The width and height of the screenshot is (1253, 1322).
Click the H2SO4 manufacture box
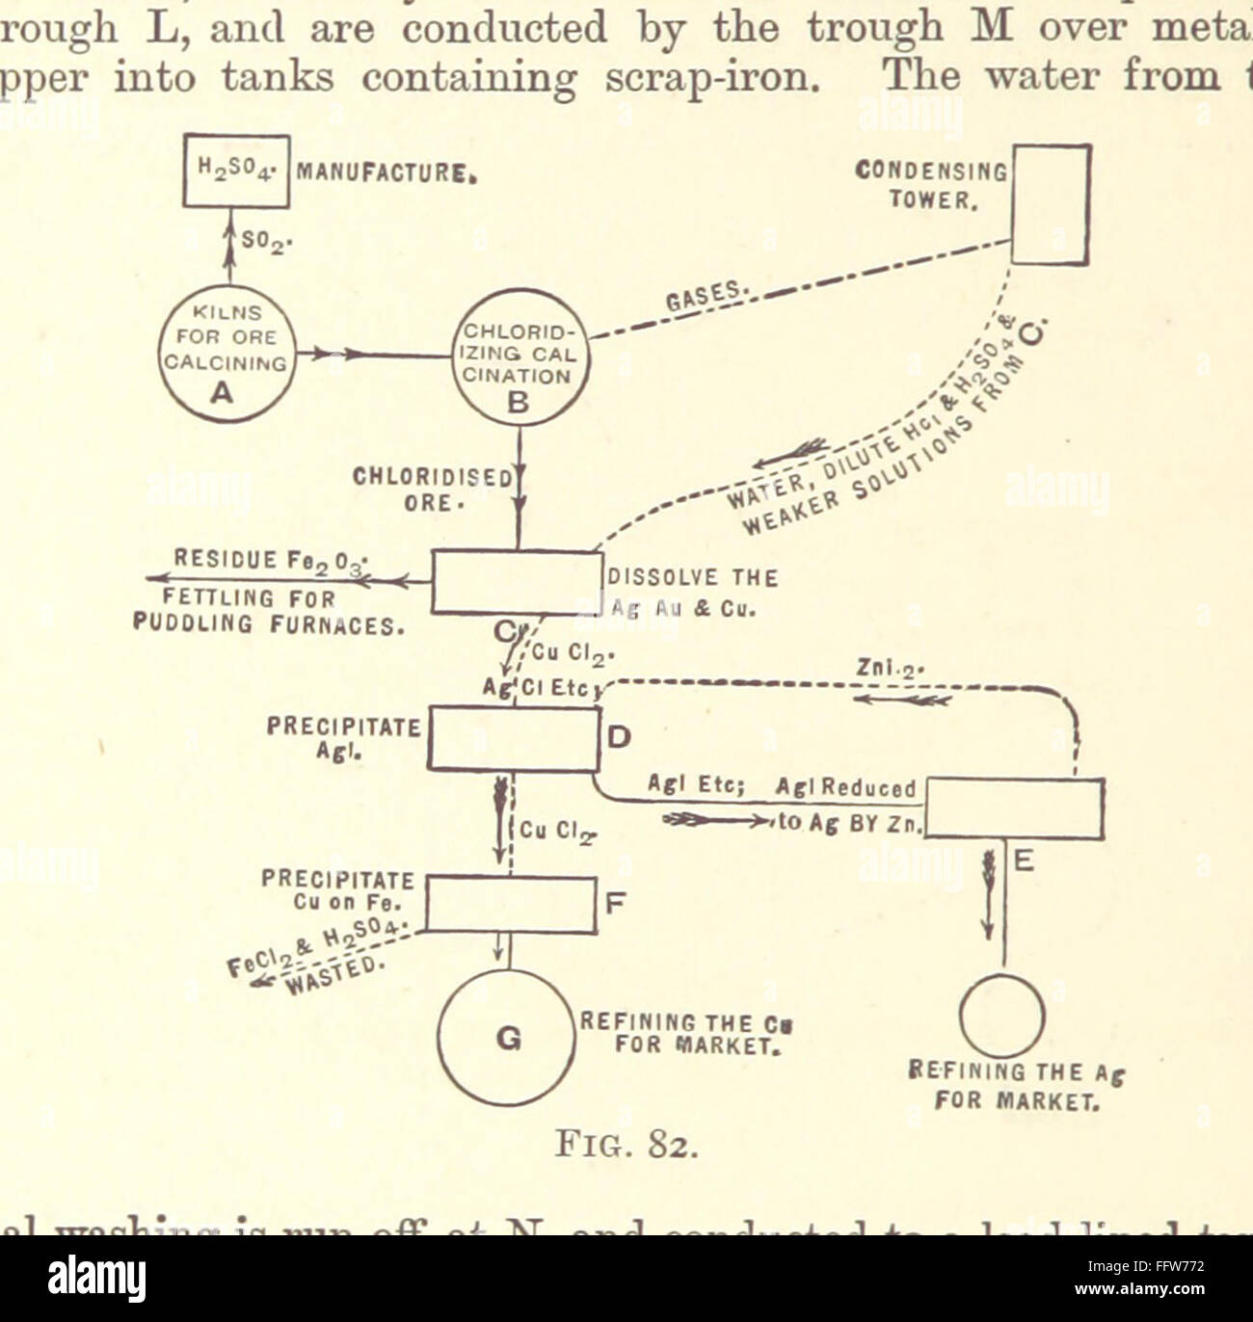[236, 171]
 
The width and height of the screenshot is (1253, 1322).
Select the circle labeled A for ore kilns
[227, 354]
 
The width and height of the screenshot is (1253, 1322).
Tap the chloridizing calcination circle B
[520, 357]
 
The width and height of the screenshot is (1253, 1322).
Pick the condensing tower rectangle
[1050, 204]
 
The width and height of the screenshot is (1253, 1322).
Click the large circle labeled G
[508, 1037]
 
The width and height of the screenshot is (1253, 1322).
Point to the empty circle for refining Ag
[1002, 1016]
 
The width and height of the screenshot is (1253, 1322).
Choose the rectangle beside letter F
[511, 904]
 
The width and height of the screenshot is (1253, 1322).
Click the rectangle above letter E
[1014, 807]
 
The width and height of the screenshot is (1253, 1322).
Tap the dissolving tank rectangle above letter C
[513, 582]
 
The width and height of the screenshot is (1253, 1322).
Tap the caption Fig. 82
[626, 1148]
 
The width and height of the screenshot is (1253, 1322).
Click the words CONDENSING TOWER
[930, 185]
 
